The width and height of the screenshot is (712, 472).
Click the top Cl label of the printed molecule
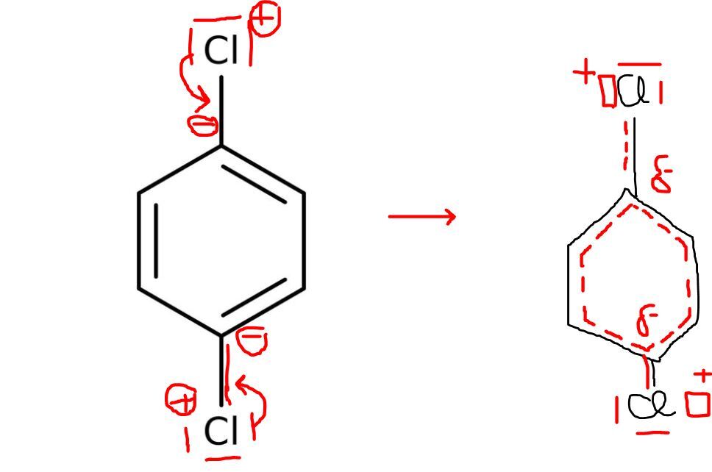[x=221, y=50]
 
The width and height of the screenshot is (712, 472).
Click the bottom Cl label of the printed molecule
[x=221, y=430]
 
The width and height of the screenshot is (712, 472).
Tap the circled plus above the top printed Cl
[x=266, y=19]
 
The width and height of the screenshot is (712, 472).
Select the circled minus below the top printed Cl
[x=203, y=125]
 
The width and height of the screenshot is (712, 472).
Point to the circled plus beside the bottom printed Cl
[x=181, y=399]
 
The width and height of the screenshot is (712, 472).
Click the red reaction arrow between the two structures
[x=422, y=216]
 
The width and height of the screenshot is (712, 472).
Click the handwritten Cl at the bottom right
[x=650, y=405]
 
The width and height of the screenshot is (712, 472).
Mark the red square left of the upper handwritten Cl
[x=608, y=90]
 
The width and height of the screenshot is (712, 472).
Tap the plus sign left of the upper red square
[x=584, y=73]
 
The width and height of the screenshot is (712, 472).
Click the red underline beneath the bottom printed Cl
[x=222, y=458]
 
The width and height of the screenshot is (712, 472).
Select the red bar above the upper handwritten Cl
[x=639, y=65]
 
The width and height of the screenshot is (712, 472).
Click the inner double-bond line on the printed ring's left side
[x=156, y=240]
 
